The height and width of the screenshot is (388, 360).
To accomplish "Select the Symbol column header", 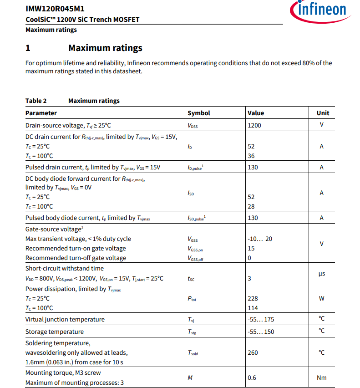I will (x=199, y=113).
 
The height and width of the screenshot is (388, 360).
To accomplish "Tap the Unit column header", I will (x=323, y=113).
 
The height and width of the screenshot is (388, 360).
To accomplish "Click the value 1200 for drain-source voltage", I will (x=254, y=125).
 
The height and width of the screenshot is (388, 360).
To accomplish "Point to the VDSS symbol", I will (x=193, y=125).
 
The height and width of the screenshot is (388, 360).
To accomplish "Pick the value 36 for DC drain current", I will (x=251, y=156).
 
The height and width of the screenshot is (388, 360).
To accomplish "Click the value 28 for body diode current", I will (x=251, y=207).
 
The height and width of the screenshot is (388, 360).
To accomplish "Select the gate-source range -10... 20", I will (x=260, y=239).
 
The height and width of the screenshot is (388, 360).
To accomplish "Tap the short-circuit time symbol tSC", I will (x=191, y=279).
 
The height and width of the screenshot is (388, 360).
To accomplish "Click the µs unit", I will (x=322, y=273).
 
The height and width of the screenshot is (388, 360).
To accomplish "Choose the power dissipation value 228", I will (x=253, y=299).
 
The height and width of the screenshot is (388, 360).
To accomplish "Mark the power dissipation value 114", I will (x=253, y=308).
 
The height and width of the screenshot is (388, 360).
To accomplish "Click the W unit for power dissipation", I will (x=322, y=299).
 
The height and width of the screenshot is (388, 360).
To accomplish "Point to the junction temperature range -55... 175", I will (x=261, y=320).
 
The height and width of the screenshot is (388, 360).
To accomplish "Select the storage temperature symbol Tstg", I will (x=192, y=332).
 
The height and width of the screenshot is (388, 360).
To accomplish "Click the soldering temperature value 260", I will (x=253, y=352).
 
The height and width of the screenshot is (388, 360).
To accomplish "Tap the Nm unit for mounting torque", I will (x=322, y=378).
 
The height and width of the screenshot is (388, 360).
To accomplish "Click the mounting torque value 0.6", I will (x=252, y=378).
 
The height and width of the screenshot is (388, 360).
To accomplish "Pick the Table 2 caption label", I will (x=36, y=101).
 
